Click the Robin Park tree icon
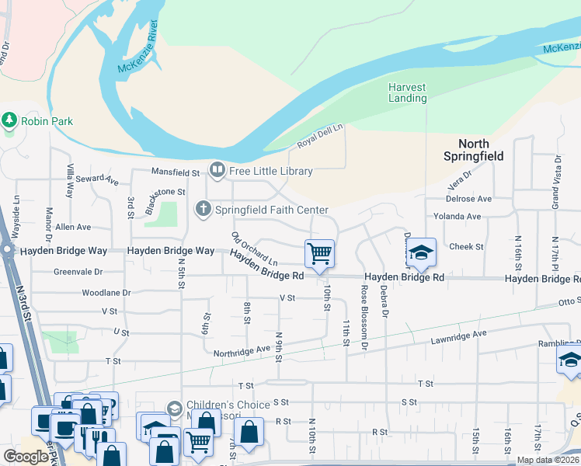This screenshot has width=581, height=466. [9, 120]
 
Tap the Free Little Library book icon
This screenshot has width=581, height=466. [217, 170]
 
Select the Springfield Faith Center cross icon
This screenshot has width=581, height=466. [204, 209]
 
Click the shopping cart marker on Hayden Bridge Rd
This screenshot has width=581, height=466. [319, 253]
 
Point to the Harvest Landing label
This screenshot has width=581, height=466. [408, 92]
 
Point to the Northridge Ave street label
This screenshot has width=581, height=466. [242, 349]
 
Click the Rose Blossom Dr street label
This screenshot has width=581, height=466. [364, 315]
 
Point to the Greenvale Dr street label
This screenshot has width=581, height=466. [78, 272]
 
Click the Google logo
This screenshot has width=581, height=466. [26, 457]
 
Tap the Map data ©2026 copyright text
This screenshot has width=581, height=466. [547, 460]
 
